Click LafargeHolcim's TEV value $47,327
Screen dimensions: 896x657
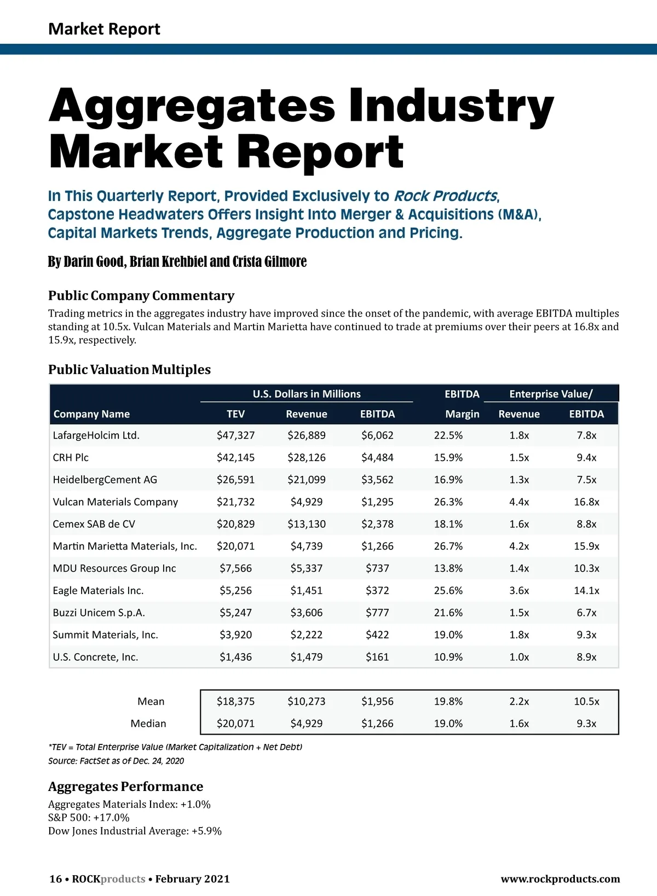pos(235,435)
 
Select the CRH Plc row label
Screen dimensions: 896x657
pos(71,457)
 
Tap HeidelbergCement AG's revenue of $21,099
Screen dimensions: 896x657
pos(306,480)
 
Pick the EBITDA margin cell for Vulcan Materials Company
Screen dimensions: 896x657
pos(448,502)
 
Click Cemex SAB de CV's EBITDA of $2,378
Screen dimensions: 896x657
pos(377,524)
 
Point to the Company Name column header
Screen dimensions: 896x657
pos(91,414)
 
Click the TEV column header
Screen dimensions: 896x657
pos(235,414)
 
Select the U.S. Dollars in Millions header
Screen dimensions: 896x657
pos(307,394)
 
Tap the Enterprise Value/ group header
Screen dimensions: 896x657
pos(551,394)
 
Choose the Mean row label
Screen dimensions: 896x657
pos(151,701)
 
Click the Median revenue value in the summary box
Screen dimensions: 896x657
pos(306,723)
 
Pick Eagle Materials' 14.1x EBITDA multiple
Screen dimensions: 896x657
pos(586,590)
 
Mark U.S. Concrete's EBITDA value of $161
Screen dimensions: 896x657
pos(377,657)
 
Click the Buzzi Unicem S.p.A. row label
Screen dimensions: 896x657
pos(99,613)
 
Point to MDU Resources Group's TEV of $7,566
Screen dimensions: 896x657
pos(235,568)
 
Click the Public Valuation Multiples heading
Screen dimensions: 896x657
pos(129,370)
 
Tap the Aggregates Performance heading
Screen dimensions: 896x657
pos(125,787)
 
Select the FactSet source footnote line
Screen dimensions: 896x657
pos(116,761)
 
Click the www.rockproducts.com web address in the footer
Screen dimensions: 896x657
pos(560,879)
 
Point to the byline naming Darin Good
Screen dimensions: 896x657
pos(177,261)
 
